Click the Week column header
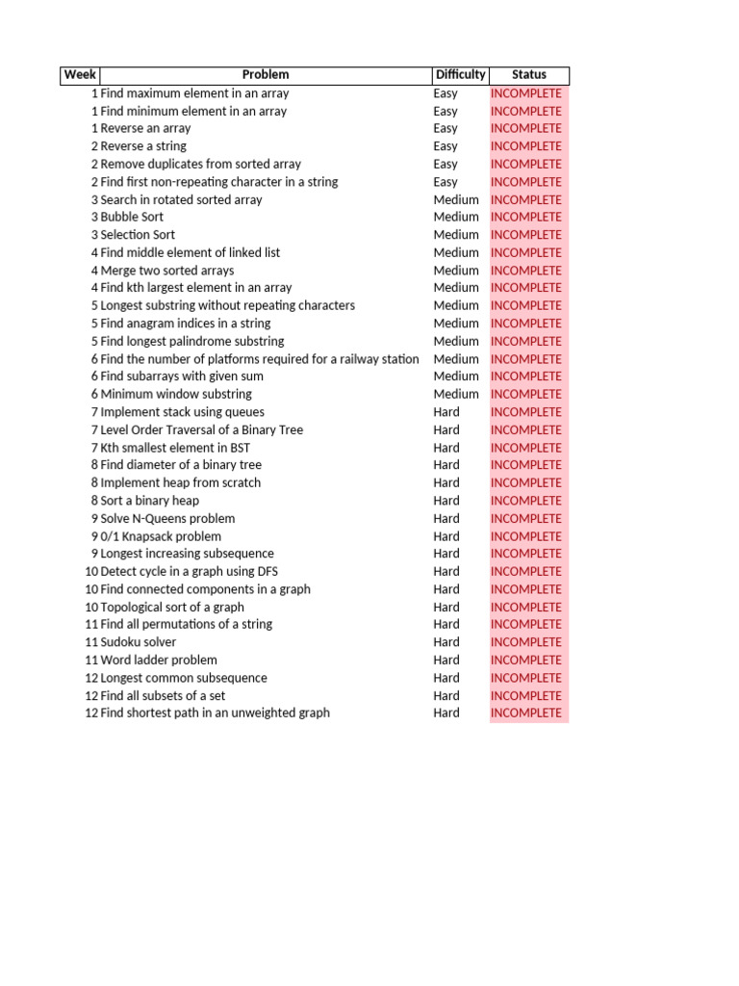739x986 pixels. tap(80, 75)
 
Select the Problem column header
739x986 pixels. tap(265, 75)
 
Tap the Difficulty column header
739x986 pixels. tap(460, 75)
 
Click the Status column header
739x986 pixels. tap(529, 75)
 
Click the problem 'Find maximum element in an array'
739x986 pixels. tap(194, 93)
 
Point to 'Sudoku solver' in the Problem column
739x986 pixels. tap(139, 642)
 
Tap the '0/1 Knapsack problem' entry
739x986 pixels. tap(161, 536)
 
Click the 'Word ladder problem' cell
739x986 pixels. tap(159, 661)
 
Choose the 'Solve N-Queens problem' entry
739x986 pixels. tap(167, 518)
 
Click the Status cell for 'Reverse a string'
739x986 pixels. tap(526, 146)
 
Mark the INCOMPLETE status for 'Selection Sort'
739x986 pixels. tap(526, 235)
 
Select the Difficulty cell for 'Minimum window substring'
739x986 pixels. tap(456, 394)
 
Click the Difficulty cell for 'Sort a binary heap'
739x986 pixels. tap(446, 501)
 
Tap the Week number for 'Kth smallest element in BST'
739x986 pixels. tap(94, 448)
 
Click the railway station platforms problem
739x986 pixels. tap(260, 359)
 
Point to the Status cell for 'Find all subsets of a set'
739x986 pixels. tap(526, 695)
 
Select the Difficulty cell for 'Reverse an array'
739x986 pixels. tap(446, 128)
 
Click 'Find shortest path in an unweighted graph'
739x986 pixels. tap(215, 714)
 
